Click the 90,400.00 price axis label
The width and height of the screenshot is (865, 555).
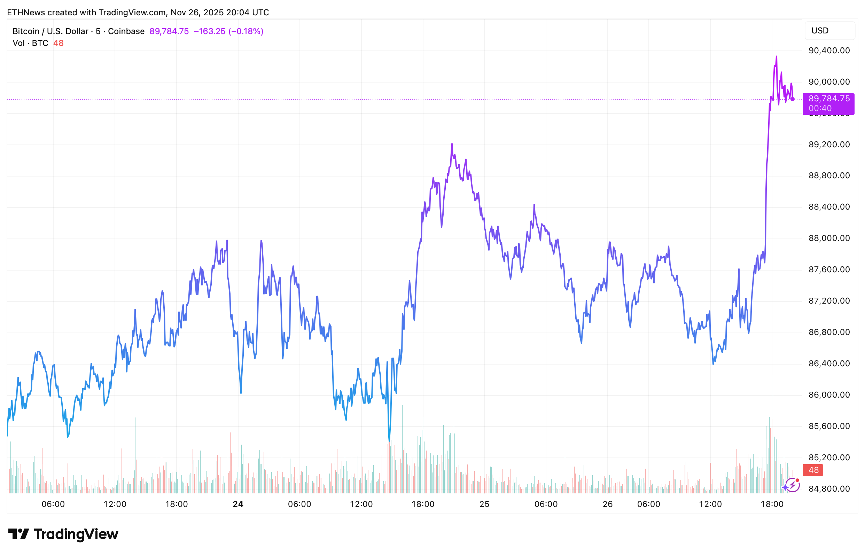click(x=829, y=50)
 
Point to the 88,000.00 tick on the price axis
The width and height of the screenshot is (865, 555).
click(x=829, y=238)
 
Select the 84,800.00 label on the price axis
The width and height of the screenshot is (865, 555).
click(x=829, y=489)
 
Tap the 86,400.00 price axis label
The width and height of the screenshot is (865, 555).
click(x=829, y=363)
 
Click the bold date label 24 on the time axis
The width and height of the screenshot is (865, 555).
click(x=238, y=504)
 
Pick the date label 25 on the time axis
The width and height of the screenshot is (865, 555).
click(x=484, y=504)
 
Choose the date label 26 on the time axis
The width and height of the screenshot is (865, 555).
click(x=607, y=504)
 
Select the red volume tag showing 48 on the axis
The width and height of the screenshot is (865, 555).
click(x=813, y=470)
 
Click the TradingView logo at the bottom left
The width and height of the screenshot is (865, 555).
click(x=63, y=534)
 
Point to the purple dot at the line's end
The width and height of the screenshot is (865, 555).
click(x=792, y=99)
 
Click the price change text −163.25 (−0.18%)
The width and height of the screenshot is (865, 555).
click(x=228, y=31)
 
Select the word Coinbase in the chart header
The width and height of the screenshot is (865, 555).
click(x=126, y=31)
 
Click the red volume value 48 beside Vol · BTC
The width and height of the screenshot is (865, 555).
click(x=59, y=43)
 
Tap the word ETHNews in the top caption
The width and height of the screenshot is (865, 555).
click(x=26, y=13)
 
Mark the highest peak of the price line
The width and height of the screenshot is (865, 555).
click(x=776, y=57)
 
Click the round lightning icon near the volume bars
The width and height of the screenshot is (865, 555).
click(x=792, y=485)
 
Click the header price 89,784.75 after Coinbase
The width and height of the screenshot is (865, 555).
click(x=169, y=31)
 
